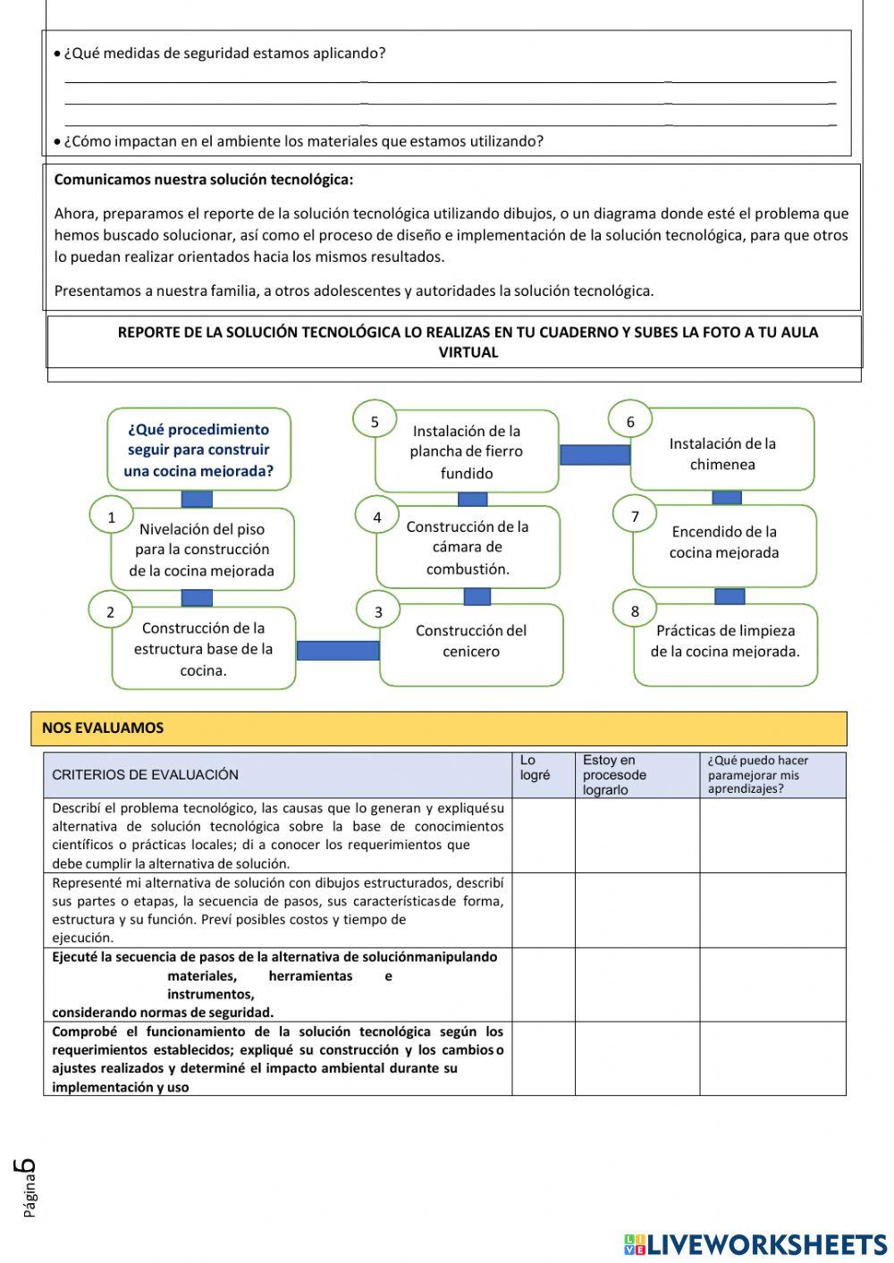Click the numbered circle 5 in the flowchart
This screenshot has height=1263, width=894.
[x=375, y=422]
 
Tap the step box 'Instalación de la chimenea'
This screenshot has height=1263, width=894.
[x=723, y=453]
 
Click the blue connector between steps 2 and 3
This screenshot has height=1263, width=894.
[x=338, y=650]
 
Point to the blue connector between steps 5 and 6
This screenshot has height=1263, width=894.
[x=595, y=455]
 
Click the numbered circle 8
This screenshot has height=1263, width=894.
[x=635, y=611]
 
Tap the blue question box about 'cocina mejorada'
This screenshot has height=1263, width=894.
[x=198, y=450]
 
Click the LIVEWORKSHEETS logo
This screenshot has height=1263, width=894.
[x=755, y=1244]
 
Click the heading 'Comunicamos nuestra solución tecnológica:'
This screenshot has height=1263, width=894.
[x=204, y=180]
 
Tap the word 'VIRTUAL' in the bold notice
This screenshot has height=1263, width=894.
[x=468, y=352]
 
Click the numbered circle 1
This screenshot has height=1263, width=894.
[x=112, y=517]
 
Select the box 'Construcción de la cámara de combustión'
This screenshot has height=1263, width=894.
[x=468, y=547]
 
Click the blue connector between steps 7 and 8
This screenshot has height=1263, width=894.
[x=730, y=596]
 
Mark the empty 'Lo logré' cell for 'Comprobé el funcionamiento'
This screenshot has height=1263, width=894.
[x=543, y=1058]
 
